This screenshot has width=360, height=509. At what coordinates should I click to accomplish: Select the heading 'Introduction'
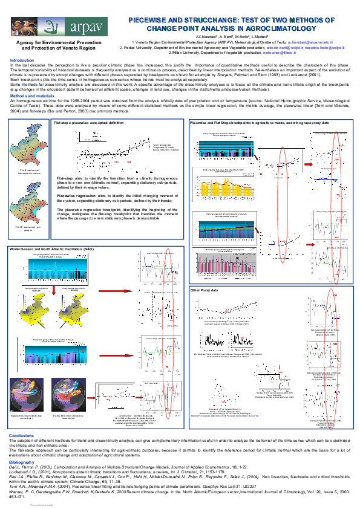22,60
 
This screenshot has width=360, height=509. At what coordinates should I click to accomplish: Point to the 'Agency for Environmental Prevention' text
59,43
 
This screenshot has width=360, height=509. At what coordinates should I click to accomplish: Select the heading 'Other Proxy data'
204,291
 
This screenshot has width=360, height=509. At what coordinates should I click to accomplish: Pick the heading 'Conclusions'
22,435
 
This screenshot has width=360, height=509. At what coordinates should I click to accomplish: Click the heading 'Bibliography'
23,461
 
